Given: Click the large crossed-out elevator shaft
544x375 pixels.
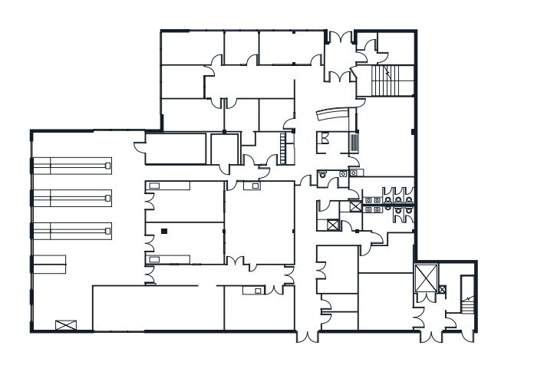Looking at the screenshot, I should (424, 278).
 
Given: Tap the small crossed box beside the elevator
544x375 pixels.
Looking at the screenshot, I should (441, 289).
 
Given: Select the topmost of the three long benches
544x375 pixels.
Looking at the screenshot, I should (71, 163).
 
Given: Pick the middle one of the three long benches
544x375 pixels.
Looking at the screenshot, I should (71, 196).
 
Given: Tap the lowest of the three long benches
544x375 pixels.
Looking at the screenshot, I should (71, 229).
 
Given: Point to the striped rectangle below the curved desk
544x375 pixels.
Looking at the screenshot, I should (354, 143).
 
